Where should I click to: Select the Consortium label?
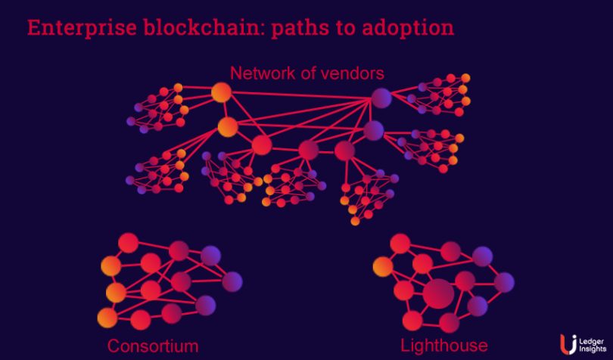pos(153,346)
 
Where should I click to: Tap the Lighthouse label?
pos(444,346)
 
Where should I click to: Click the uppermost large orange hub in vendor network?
pos(221,92)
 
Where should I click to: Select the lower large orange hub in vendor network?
pos(228,126)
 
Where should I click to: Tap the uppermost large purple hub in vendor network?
pos(381,97)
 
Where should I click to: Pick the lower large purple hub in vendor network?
pos(373,130)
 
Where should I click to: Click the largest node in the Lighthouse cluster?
pos(438,293)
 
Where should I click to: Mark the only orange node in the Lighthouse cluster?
pos(383,266)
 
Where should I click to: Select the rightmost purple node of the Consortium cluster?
pos(232,281)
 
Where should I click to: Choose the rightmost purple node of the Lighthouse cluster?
pos(503,282)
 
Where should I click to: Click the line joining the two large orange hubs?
pos(224,110)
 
